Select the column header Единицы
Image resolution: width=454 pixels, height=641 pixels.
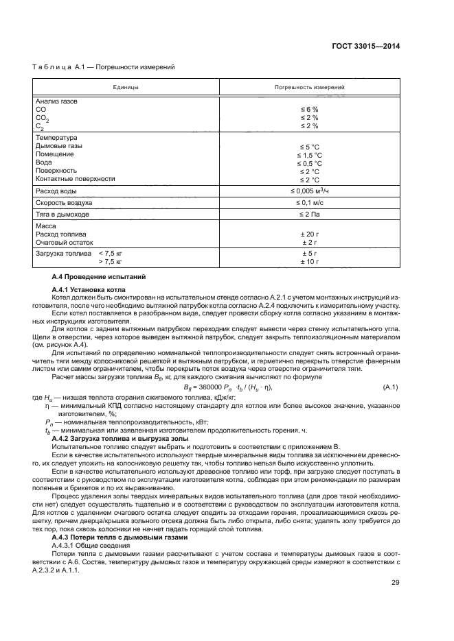pyautogui.click(x=126, y=88)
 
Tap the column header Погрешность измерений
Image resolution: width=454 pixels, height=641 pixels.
pyautogui.click(x=309, y=88)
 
